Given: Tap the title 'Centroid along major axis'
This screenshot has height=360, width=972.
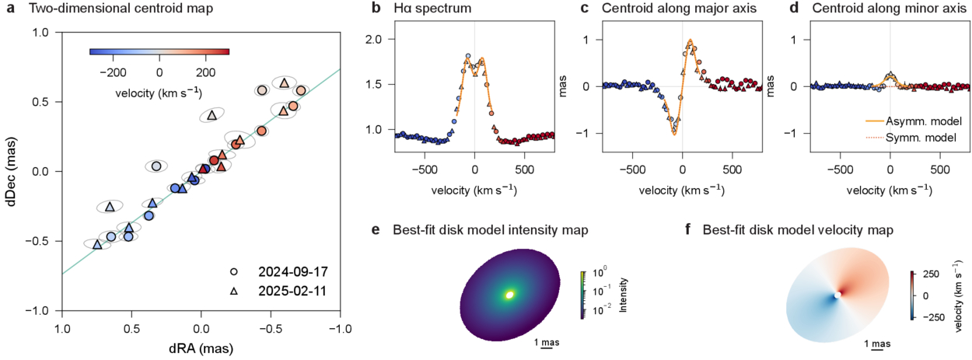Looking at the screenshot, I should [x=675, y=9].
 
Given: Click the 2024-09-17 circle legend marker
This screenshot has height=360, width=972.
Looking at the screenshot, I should [x=234, y=273].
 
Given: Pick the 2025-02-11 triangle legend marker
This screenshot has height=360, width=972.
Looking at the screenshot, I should [x=234, y=289].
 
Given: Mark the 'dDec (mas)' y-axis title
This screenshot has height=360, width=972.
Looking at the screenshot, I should [x=12, y=171].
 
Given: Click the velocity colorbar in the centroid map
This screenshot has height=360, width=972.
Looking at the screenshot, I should [x=159, y=52].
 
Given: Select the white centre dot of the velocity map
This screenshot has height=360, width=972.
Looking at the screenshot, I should [x=837, y=295].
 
